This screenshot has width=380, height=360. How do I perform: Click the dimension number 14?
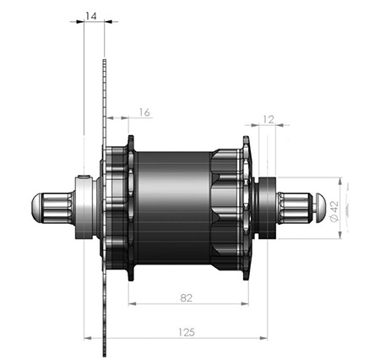tap(91, 16)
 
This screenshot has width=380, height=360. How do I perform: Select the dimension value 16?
tap(144, 112)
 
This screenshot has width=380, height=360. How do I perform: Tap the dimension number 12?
tap(269, 119)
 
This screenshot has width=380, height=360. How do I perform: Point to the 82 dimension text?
tap(186, 297)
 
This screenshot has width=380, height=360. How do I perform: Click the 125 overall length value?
tap(187, 332)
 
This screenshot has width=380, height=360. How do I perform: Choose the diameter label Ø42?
tap(334, 211)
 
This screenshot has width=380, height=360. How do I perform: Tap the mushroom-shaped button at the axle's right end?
tap(320, 208)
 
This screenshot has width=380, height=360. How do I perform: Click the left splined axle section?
tap(57, 208)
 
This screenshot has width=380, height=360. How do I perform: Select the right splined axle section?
tap(294, 208)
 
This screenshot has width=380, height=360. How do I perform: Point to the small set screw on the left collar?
tap(84, 177)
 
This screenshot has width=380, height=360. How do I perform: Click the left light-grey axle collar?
tap(84, 208)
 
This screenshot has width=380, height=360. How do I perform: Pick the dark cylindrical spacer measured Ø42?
tap(268, 208)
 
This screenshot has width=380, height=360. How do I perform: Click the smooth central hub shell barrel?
tap(174, 208)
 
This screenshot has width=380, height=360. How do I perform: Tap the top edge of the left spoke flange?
tap(131, 136)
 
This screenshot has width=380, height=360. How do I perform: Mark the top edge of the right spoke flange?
tap(246, 137)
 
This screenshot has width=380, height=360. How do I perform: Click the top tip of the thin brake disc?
tap(105, 60)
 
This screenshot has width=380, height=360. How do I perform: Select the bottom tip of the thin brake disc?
tap(105, 356)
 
